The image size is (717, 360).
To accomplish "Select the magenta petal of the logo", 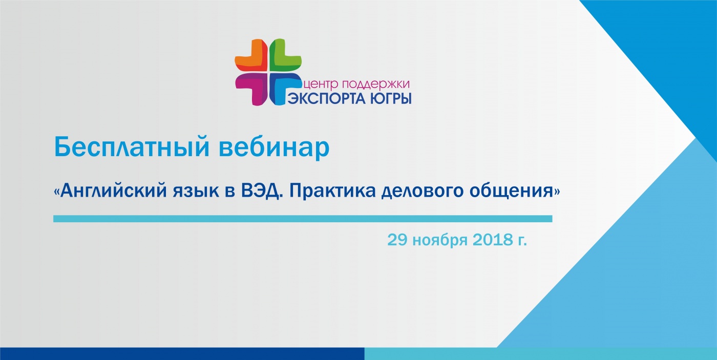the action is (x=251, y=89).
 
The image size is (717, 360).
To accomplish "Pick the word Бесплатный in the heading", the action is (x=132, y=147).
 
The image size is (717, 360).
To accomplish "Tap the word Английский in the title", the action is (x=114, y=190).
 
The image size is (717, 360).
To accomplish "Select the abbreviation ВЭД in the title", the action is (x=261, y=190).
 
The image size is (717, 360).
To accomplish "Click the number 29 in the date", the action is (x=397, y=239).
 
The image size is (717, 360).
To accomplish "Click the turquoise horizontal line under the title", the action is (x=303, y=219).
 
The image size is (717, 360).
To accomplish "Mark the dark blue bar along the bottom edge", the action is (x=182, y=354).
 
